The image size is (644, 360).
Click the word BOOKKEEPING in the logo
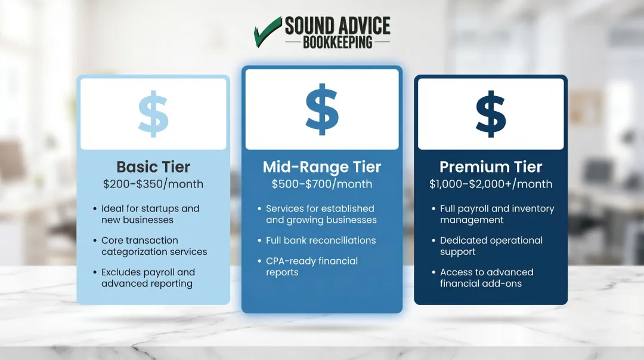(338, 42)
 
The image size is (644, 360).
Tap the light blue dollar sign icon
(153, 114)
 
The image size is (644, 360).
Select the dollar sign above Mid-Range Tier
(322, 109)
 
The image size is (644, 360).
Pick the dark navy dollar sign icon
(491, 114)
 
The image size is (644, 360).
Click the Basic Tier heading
(153, 167)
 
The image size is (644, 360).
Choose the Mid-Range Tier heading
(322, 167)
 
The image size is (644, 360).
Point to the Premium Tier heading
(491, 167)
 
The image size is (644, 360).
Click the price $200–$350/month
(153, 184)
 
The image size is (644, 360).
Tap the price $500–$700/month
(322, 184)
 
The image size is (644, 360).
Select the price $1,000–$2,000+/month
(491, 184)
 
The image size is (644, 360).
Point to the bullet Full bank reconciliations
(321, 241)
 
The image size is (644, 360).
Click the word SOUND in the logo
(309, 26)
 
